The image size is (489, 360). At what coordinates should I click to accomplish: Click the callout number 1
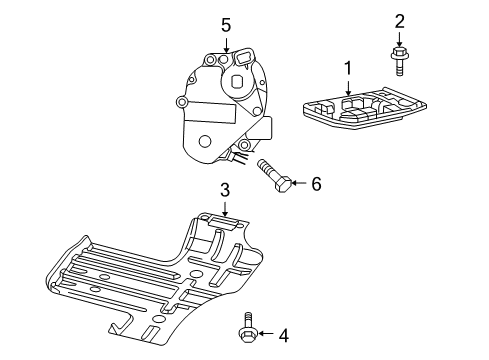tap(348, 69)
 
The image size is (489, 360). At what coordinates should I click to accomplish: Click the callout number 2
tap(400, 20)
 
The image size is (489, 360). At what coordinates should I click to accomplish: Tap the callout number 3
tap(225, 189)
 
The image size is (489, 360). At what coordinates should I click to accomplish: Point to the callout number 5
tap(226, 24)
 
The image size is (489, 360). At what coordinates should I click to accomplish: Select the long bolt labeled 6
tap(275, 175)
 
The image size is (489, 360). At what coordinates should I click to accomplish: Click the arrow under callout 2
tap(400, 39)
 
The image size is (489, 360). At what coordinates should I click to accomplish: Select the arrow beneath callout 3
tap(225, 207)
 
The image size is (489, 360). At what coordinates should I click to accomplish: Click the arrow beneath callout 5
tap(226, 43)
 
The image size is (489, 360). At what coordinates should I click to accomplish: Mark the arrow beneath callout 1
tap(348, 88)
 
